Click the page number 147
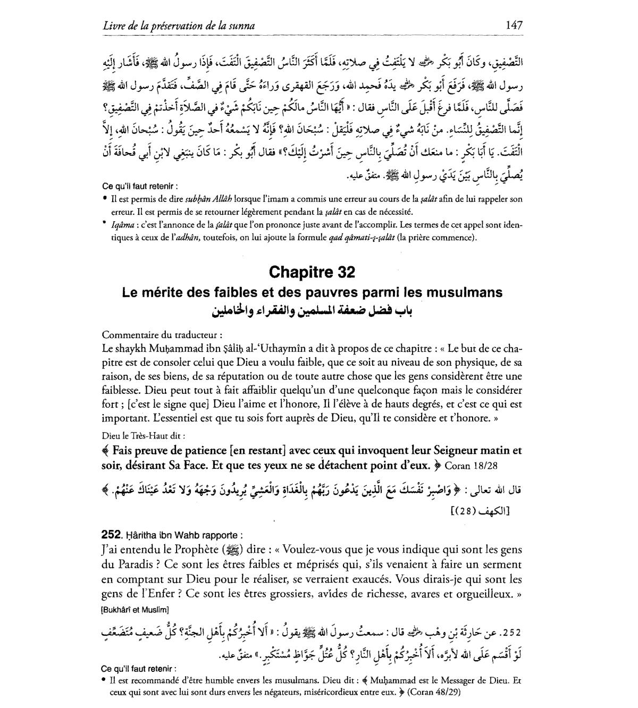514,25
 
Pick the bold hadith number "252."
110,535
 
